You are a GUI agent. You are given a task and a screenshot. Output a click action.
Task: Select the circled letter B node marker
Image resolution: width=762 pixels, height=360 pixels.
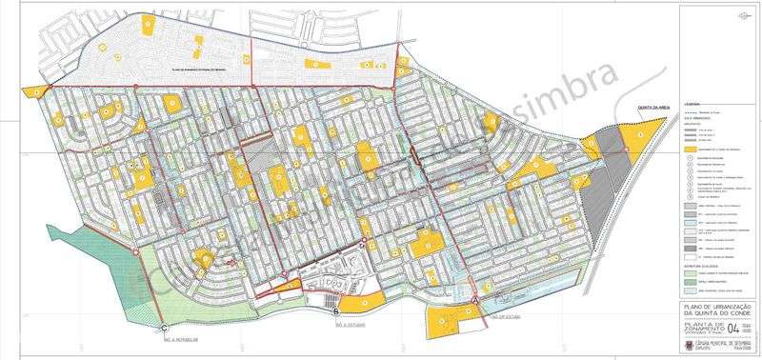point(337,309)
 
